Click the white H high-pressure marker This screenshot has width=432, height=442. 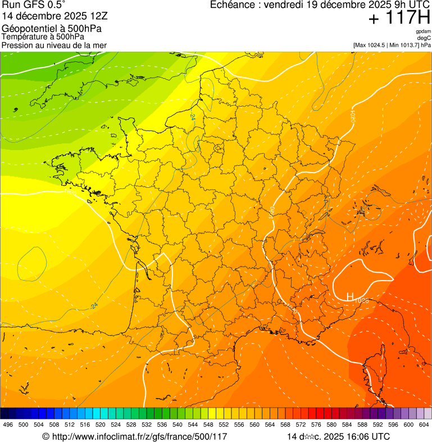coord(349,296)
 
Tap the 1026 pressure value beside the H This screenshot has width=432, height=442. coord(361,301)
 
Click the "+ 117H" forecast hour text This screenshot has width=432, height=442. coord(399,18)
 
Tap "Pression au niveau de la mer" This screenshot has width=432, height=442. coord(54,45)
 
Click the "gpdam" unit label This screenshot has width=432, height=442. coord(423,31)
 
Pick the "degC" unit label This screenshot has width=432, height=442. coord(424,38)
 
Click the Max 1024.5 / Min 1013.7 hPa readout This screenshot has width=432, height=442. coord(392,45)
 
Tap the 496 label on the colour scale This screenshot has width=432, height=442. coord(8,425)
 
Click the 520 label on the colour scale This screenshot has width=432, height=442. coord(100,425)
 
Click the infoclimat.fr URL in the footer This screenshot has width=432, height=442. coord(135,436)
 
